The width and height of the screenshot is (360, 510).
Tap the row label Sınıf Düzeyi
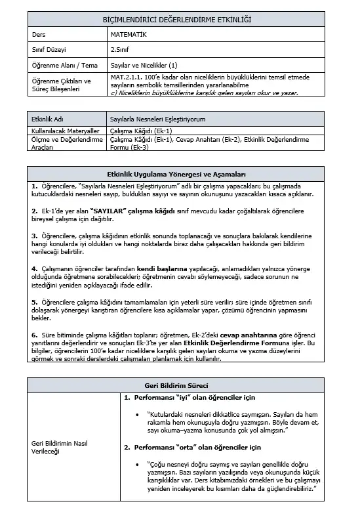(x=49, y=51)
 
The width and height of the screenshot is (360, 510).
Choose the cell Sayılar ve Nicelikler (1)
(x=144, y=65)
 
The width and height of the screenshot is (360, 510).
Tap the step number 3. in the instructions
(x=34, y=234)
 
